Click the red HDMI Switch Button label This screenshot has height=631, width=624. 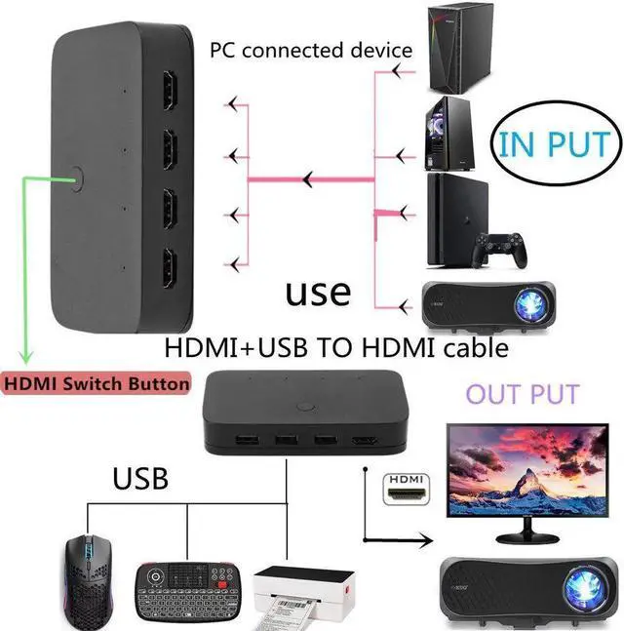(x=96, y=383)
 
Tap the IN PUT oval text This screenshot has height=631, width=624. (x=553, y=144)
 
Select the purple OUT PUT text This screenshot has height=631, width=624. (x=523, y=395)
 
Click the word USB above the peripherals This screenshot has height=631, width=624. (x=140, y=479)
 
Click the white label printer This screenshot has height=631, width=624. (x=296, y=594)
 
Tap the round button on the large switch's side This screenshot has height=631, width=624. (x=79, y=178)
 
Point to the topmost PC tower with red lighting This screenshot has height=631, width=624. (x=451, y=45)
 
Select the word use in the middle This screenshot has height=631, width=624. (x=318, y=292)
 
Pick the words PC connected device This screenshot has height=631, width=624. (x=311, y=50)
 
